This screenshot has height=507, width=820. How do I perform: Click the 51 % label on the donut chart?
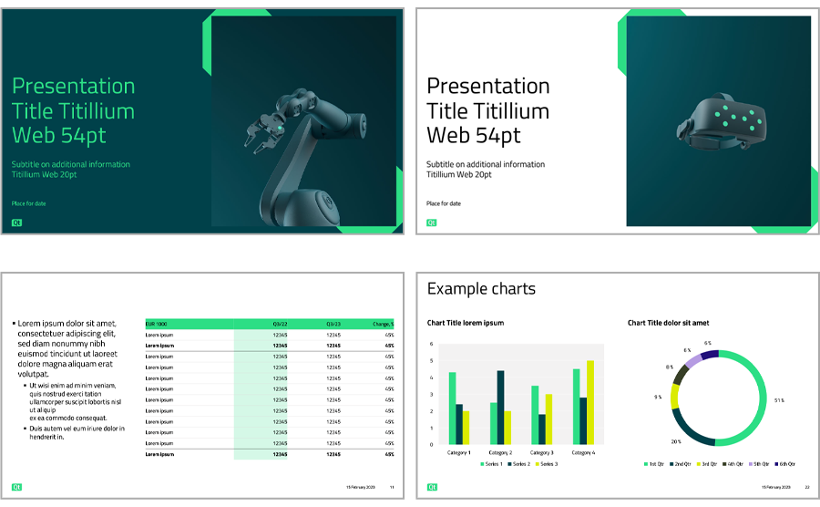click(779, 400)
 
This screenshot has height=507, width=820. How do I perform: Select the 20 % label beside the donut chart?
click(675, 441)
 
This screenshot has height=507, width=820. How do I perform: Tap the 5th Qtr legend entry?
click(735, 464)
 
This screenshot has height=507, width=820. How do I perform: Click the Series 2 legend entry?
click(518, 464)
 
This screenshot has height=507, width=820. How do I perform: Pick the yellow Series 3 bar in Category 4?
click(590, 402)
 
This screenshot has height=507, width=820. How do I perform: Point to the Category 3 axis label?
click(542, 452)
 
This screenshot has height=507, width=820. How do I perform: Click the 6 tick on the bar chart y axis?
click(431, 344)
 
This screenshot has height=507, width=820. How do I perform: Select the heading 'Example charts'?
click(481, 289)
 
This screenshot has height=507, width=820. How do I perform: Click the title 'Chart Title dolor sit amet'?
click(668, 323)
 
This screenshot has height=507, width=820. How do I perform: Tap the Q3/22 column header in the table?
click(280, 324)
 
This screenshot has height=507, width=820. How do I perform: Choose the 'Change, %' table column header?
click(383, 324)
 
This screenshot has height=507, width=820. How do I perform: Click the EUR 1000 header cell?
click(157, 324)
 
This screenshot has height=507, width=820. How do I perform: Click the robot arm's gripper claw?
click(258, 129)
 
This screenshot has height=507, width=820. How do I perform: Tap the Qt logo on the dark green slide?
click(16, 222)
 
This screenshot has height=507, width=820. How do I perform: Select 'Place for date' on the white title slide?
click(444, 203)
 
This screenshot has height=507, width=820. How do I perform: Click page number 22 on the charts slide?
click(806, 488)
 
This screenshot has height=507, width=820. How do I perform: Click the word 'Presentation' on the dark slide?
click(73, 87)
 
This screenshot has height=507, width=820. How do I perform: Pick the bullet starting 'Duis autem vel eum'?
click(77, 432)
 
